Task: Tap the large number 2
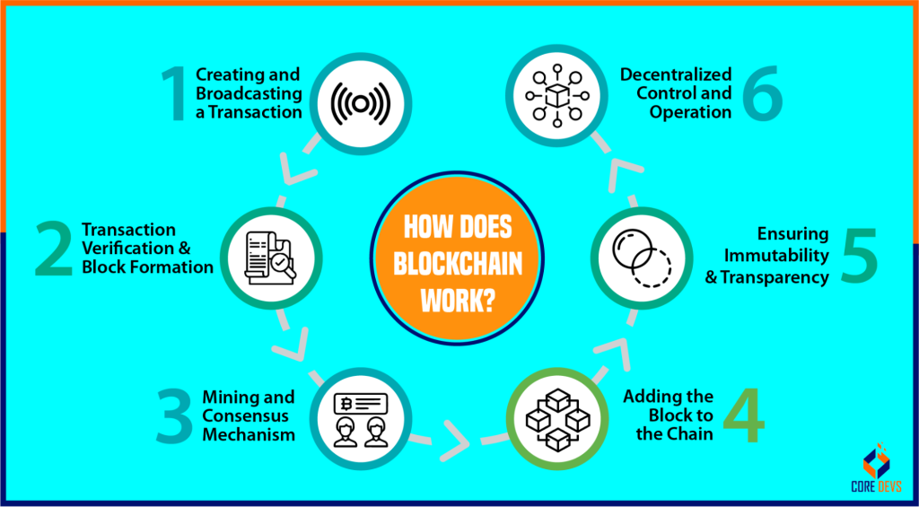[54, 249]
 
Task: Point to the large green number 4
[743, 414]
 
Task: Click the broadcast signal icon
[361, 103]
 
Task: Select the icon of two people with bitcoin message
[360, 420]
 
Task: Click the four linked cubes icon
[556, 420]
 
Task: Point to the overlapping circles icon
[641, 258]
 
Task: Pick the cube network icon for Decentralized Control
[556, 96]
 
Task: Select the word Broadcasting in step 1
[249, 93]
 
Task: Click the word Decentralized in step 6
[676, 74]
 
